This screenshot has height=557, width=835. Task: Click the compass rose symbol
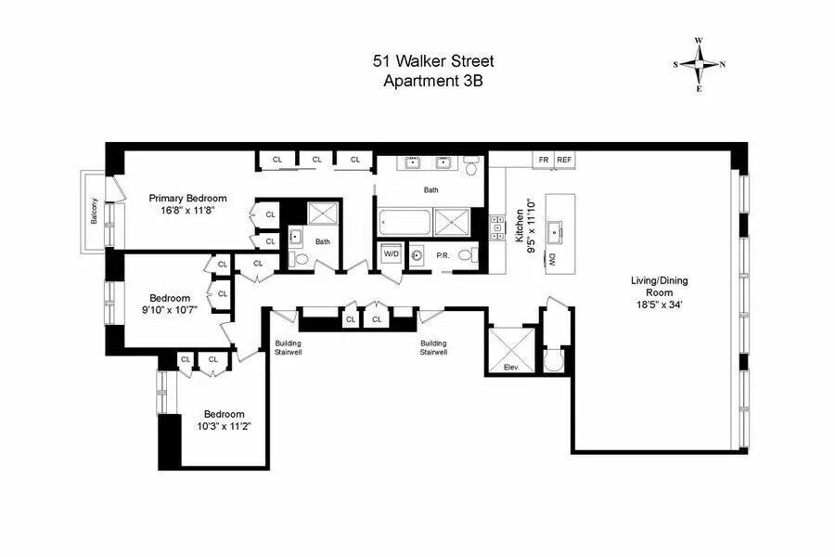click(x=700, y=64)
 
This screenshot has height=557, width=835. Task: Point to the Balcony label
click(x=95, y=212)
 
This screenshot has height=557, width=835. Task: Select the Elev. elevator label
click(x=509, y=367)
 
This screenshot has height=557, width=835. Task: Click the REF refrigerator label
click(x=564, y=160)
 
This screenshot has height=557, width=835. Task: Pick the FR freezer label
click(x=543, y=160)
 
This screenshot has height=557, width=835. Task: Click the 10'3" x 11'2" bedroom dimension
click(x=224, y=426)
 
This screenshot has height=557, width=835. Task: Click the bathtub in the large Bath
click(x=405, y=224)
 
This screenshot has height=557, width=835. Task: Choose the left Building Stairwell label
click(x=288, y=347)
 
